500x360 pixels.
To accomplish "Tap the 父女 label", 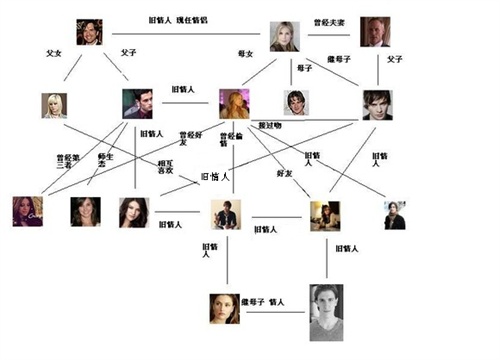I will point(54,51).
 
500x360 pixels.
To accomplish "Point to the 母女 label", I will point(245,53).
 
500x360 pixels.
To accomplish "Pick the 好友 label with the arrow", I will point(283,172).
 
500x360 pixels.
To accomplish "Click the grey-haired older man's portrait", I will point(375,32).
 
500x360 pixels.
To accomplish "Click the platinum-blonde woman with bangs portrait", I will point(54,105).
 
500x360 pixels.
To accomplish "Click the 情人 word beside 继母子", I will point(275,302).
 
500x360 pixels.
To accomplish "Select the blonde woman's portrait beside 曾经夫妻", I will point(285,36).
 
